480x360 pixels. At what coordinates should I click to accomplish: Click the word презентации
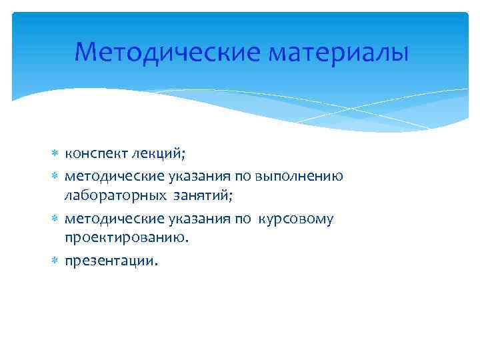(111, 261)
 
